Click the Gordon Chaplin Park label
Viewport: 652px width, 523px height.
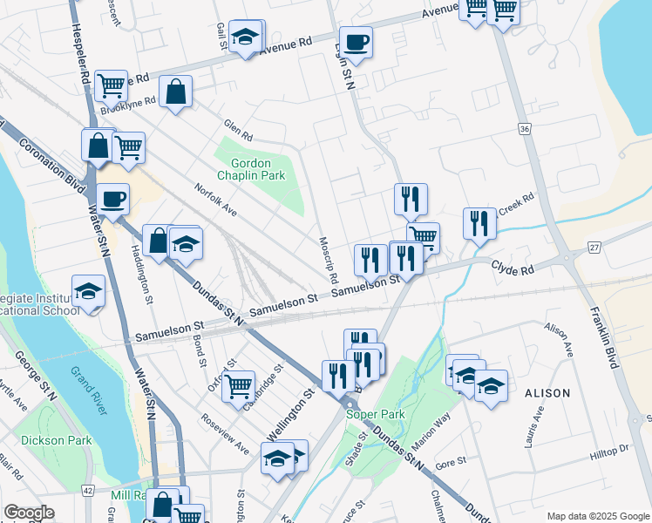[258, 169]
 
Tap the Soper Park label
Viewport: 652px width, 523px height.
[371, 415]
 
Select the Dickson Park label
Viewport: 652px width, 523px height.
[57, 440]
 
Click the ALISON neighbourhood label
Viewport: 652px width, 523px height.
[547, 393]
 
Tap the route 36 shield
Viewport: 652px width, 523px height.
[524, 129]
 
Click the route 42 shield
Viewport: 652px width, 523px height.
[88, 492]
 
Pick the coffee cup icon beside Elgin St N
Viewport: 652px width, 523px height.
[356, 42]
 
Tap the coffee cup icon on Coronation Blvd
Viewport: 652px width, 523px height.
[113, 199]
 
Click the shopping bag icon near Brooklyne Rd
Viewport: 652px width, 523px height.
[175, 91]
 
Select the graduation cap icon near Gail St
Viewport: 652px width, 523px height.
[247, 37]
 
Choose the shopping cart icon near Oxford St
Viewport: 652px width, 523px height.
[238, 384]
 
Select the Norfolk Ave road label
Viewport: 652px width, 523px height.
[216, 200]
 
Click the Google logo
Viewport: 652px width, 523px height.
[29, 513]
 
